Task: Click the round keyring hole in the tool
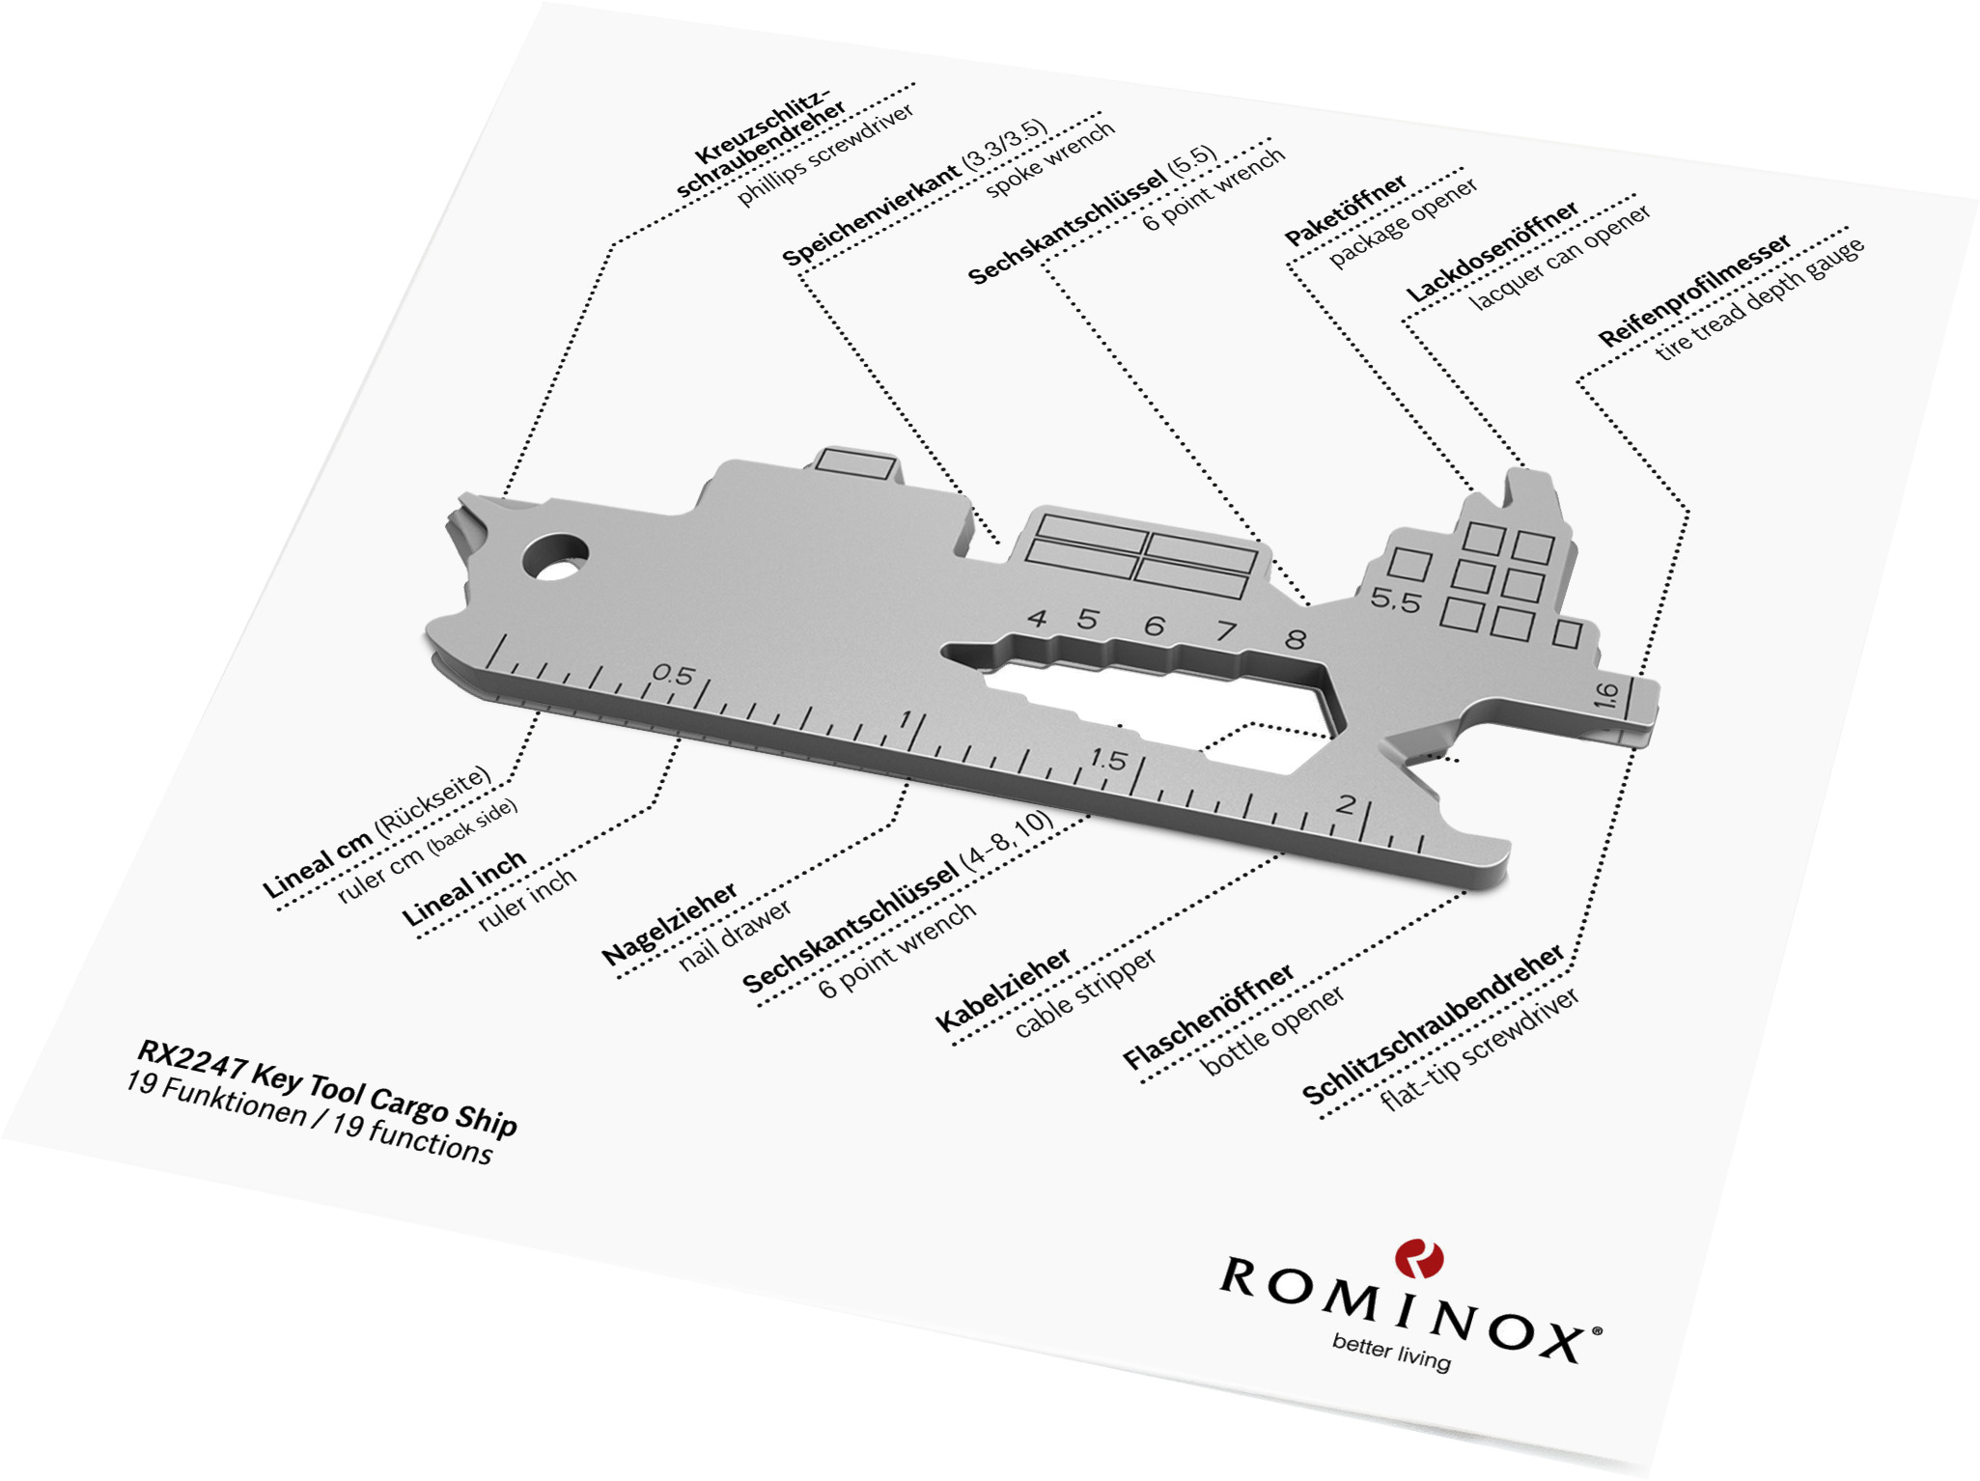555,558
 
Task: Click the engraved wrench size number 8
1296,638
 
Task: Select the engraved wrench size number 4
1038,618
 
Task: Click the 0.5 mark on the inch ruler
673,674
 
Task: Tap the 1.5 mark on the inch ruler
1108,760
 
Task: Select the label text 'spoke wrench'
1050,160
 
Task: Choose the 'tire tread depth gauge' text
1760,298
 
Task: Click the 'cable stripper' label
1085,993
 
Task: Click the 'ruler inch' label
527,900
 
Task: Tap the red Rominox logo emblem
1418,1259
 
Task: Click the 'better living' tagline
1391,1352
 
